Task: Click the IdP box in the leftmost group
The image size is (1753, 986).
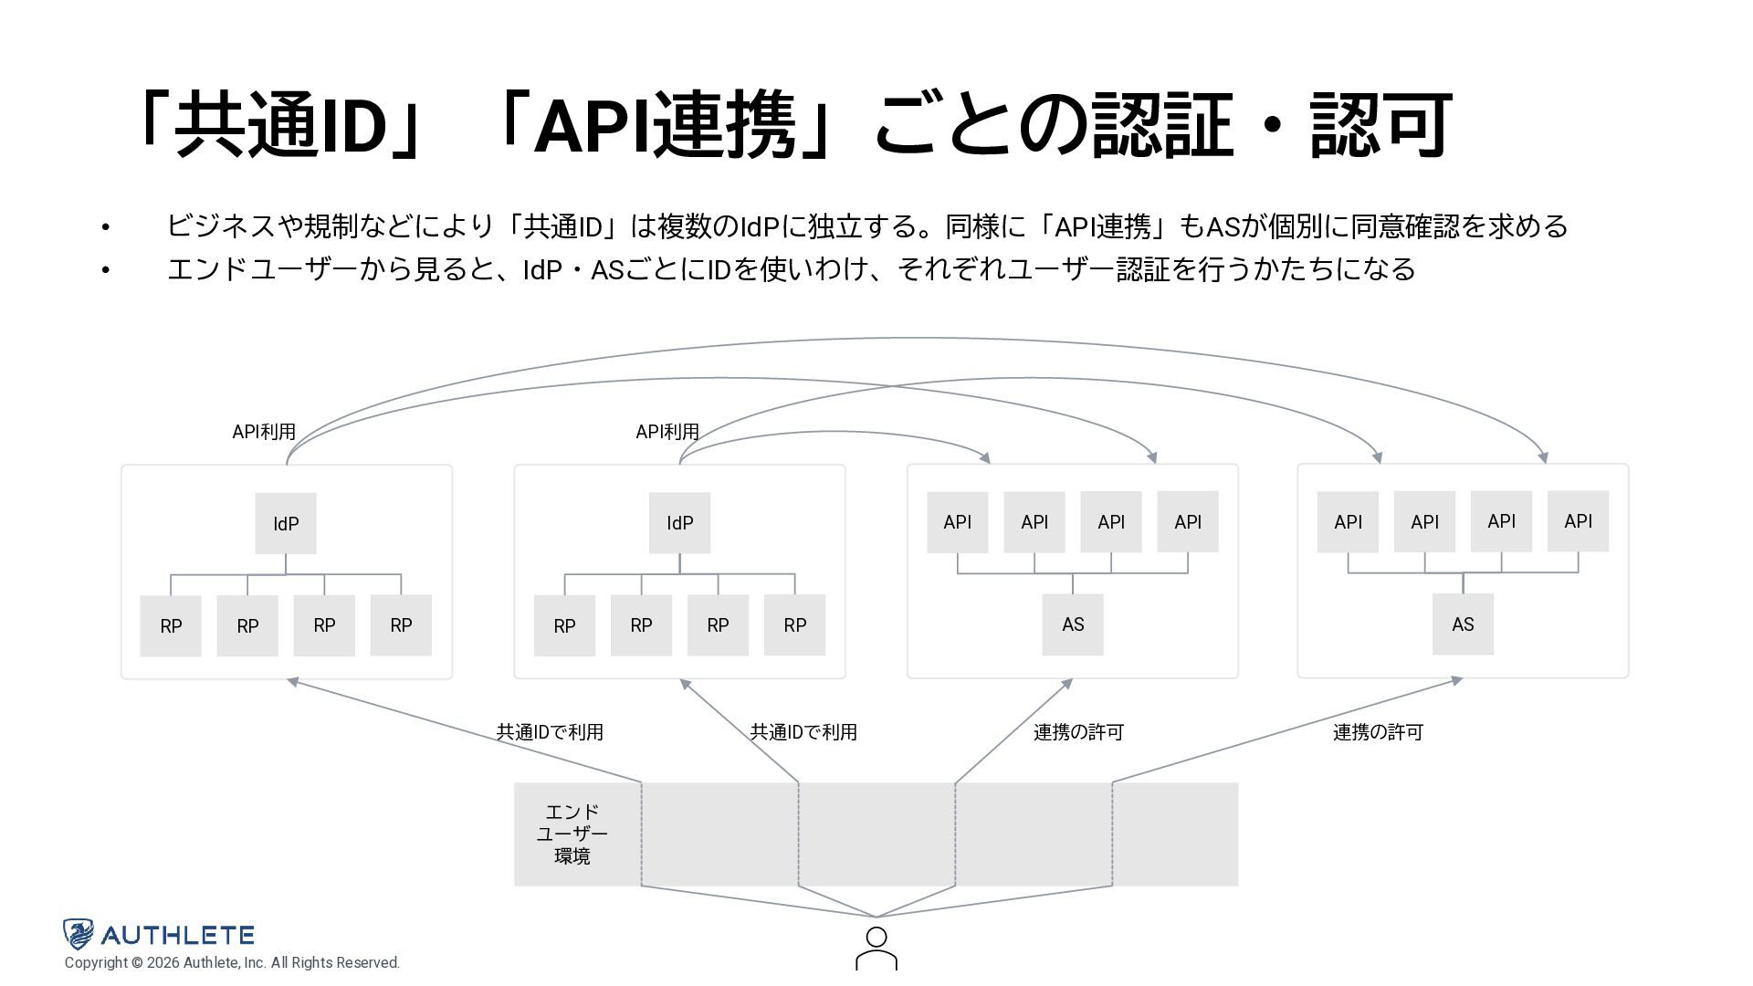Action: (x=286, y=523)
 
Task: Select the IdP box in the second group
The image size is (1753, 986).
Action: (x=679, y=523)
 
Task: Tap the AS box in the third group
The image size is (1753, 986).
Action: (x=1073, y=624)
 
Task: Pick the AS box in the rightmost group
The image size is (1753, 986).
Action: (x=1463, y=624)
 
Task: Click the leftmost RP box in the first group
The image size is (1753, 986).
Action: (x=171, y=626)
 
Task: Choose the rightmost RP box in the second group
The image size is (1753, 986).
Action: (x=794, y=625)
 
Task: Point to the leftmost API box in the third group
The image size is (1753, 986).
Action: (x=957, y=522)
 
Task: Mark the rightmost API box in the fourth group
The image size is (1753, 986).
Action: (x=1578, y=521)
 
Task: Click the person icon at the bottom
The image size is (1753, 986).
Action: (x=876, y=949)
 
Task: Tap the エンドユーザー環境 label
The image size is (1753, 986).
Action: (x=572, y=834)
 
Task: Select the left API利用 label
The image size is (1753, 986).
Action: (x=264, y=432)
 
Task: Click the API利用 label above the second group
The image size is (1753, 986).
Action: (x=667, y=432)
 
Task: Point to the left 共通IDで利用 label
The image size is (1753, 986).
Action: (x=550, y=732)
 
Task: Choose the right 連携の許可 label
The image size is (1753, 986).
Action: (x=1378, y=732)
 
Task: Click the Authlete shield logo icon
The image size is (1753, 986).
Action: (x=79, y=934)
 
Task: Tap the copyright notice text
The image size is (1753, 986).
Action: (x=232, y=963)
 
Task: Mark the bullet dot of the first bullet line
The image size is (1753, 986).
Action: (x=106, y=227)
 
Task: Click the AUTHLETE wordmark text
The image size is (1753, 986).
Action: (x=177, y=935)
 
